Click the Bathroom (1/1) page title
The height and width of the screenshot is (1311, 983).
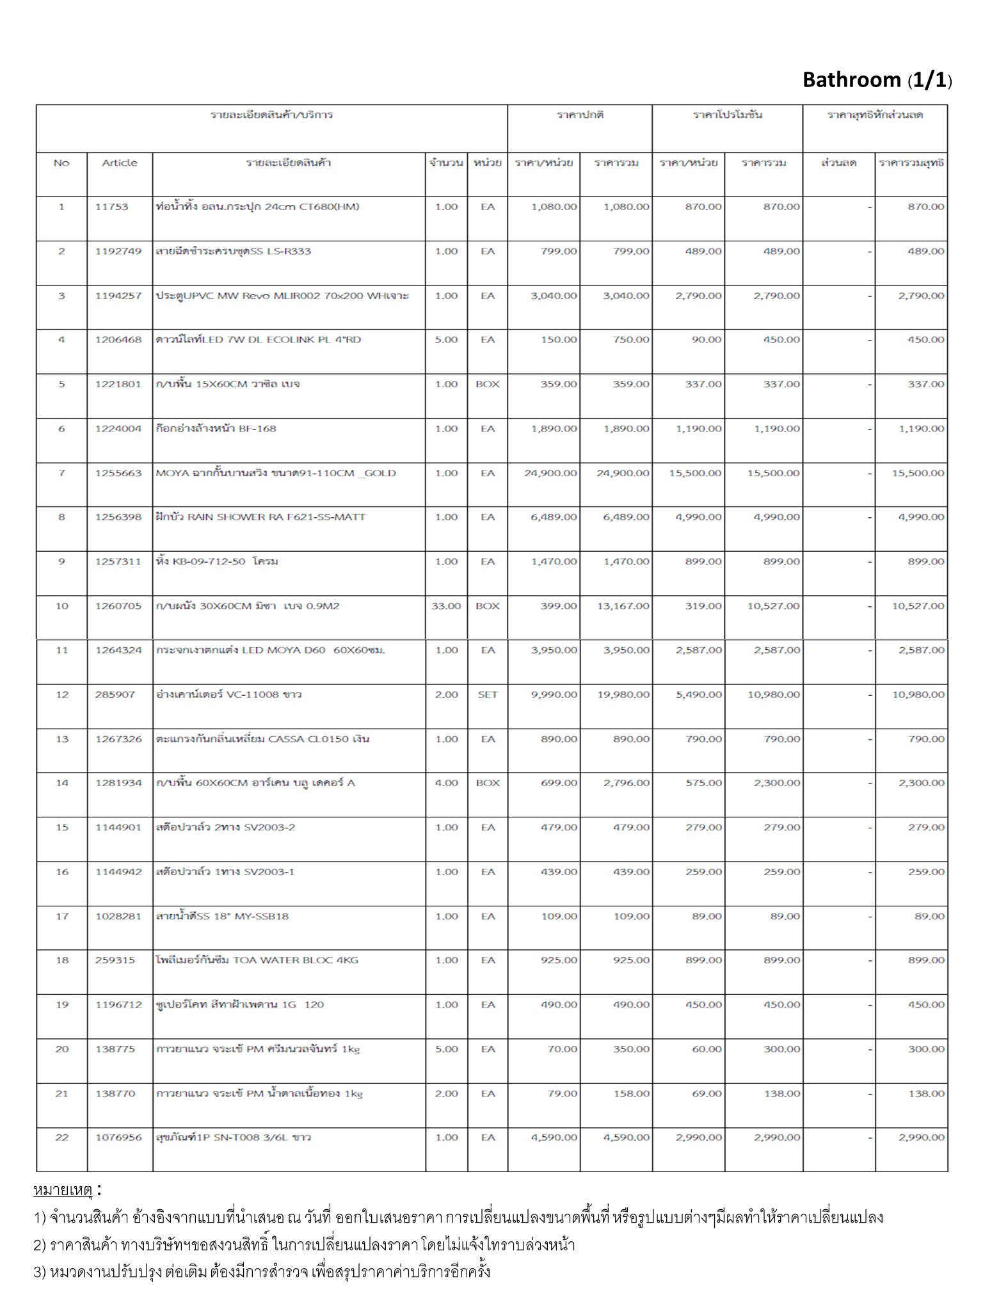(x=877, y=80)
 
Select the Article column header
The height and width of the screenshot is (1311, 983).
(x=120, y=163)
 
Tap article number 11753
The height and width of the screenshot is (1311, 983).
(x=112, y=207)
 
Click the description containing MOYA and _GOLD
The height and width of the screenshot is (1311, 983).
(x=276, y=473)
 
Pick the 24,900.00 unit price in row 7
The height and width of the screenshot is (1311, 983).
(x=550, y=473)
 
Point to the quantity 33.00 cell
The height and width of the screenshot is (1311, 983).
(x=446, y=606)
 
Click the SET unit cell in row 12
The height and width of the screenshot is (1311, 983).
(x=488, y=695)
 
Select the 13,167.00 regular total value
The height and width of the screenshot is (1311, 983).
(x=623, y=606)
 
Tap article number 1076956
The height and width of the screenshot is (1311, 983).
(x=118, y=1138)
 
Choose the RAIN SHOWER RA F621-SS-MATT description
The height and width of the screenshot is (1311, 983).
(x=260, y=517)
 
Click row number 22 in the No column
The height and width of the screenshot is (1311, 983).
(x=61, y=1138)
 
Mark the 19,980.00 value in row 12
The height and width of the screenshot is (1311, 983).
(x=623, y=695)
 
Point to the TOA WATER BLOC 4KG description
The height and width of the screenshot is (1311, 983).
(x=257, y=960)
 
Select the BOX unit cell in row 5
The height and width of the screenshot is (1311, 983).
(x=488, y=384)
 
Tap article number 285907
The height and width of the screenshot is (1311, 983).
(x=115, y=695)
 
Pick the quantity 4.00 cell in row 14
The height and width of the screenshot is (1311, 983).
(x=446, y=783)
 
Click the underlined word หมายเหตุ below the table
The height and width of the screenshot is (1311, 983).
(x=63, y=1191)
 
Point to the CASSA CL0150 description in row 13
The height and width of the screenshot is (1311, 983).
(x=262, y=739)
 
